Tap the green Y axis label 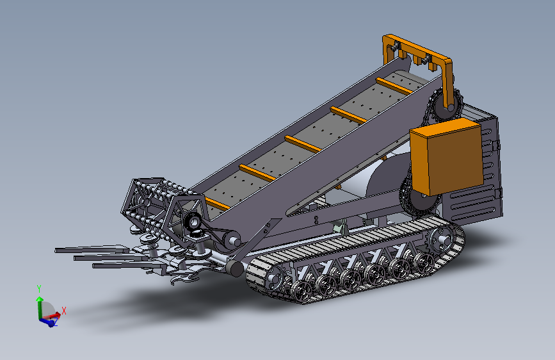(39, 289)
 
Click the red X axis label (64, 311)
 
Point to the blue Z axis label (56, 322)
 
